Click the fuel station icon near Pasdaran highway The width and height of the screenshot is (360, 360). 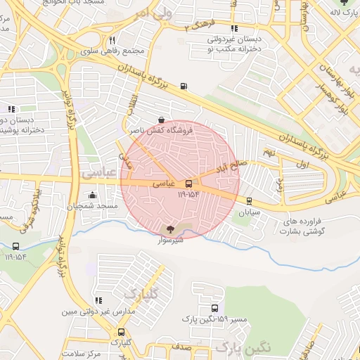[184, 86]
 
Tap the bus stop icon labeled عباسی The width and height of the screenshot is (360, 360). [188, 184]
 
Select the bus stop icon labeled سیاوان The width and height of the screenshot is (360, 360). [249, 200]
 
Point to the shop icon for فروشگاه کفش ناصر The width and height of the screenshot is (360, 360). [162, 120]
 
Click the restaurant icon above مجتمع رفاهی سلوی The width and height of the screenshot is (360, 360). [112, 40]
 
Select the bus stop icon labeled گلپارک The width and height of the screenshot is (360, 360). [122, 332]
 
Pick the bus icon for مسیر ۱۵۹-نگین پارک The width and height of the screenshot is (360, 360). [214, 308]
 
